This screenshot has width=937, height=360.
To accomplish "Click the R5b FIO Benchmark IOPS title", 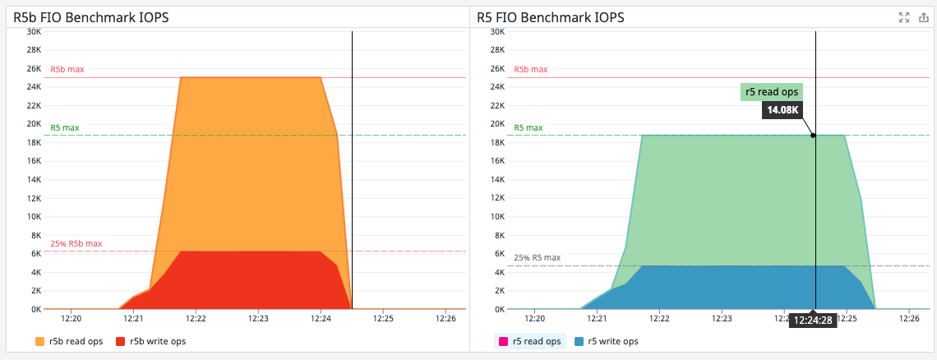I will (91, 16).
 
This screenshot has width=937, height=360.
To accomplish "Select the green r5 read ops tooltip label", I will (771, 92).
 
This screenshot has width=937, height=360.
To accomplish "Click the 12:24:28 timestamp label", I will (814, 321).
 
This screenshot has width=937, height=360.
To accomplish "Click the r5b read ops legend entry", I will (70, 341).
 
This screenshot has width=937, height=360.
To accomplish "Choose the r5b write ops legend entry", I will (151, 341).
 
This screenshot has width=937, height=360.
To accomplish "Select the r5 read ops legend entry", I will (530, 341).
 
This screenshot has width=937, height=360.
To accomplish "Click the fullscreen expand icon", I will (905, 17).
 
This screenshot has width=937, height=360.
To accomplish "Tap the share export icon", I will (923, 17).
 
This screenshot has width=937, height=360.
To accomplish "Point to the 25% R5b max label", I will (76, 243).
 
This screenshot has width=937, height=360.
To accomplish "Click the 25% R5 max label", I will (537, 257).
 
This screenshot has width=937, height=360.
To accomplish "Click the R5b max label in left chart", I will (67, 69).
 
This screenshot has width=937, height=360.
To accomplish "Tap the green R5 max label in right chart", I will (528, 127).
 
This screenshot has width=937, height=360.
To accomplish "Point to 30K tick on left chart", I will (34, 32).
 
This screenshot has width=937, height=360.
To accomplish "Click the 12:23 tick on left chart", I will (258, 317).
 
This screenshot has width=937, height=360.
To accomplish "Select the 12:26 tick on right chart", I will (909, 317).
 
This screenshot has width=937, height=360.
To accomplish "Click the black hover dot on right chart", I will (814, 136).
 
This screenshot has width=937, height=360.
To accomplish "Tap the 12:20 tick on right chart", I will (534, 317).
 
